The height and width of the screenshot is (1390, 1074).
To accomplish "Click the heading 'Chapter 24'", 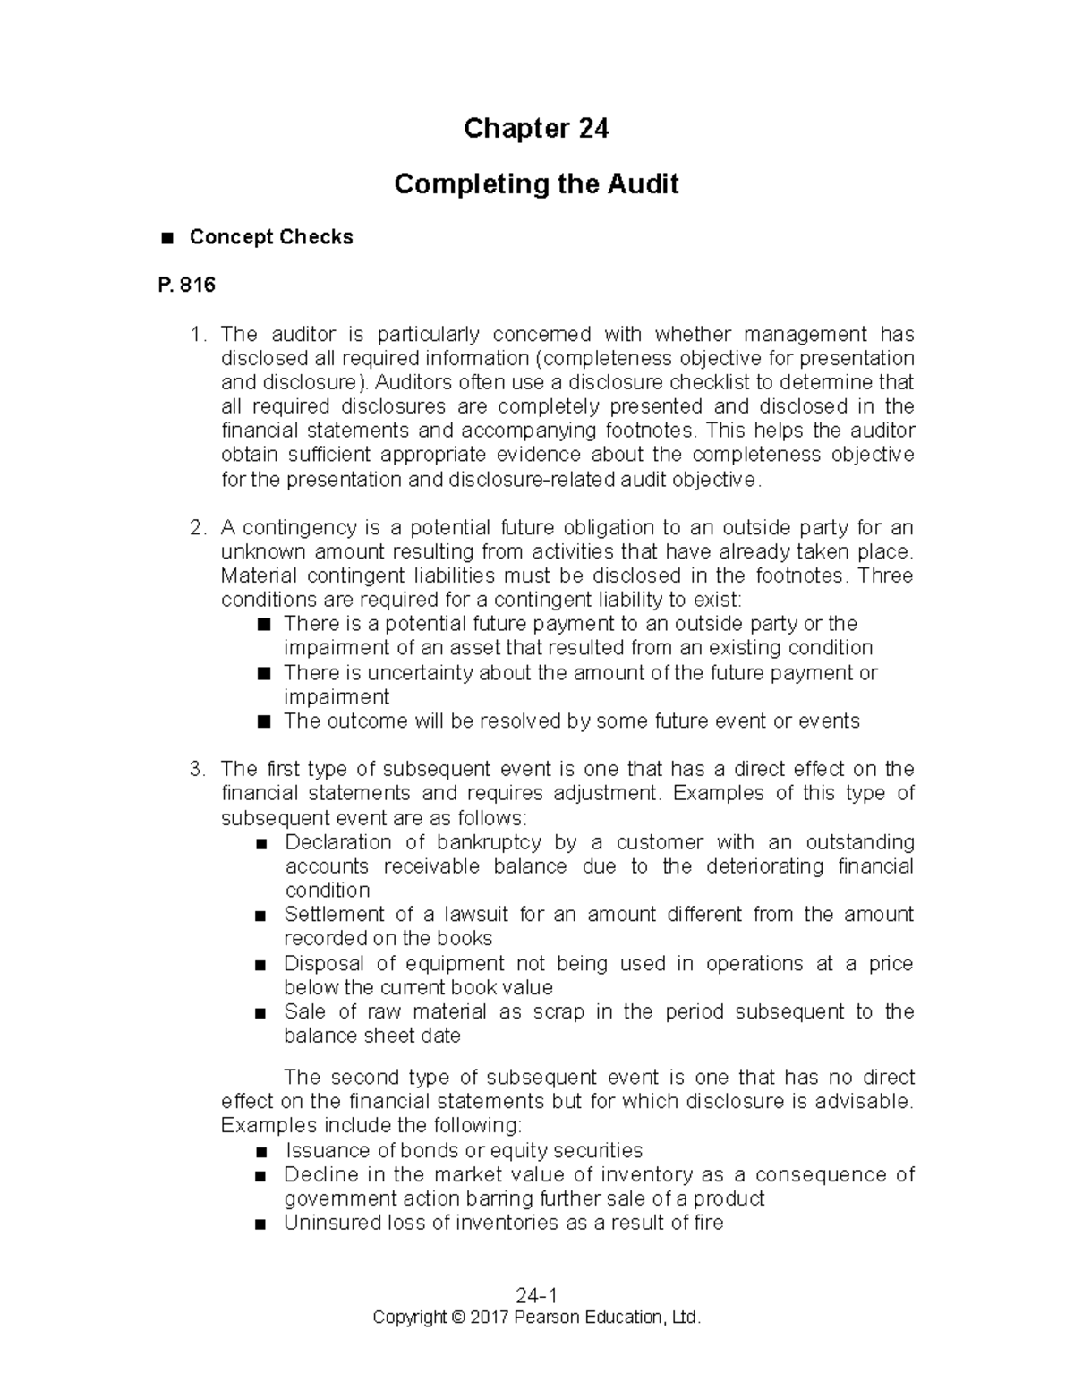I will [x=536, y=129].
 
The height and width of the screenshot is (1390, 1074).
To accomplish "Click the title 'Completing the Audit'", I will [x=536, y=184].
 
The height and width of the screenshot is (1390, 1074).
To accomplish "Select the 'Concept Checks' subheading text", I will [x=271, y=237].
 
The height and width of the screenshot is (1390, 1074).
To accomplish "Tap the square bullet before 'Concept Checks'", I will [x=165, y=238].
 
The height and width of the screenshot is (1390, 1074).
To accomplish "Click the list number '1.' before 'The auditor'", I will [x=199, y=335].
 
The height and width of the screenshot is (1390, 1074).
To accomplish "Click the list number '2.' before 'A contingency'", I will [x=199, y=528].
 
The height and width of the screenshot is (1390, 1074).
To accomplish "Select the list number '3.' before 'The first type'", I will [x=199, y=770].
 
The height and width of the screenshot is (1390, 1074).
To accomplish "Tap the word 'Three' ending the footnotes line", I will [x=885, y=576].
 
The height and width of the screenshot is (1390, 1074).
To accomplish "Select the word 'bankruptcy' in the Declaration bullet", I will [x=489, y=842].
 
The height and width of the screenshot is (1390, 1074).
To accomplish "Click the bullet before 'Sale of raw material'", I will [x=260, y=1013].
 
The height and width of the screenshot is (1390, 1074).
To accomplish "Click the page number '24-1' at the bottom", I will [x=536, y=1296].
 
